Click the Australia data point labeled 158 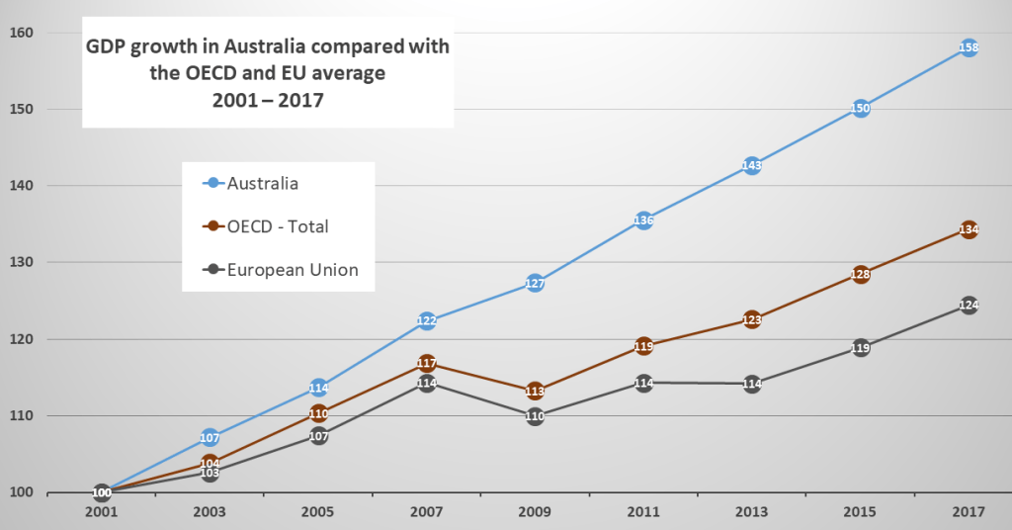coord(969,47)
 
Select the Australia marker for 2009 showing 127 coord(535,284)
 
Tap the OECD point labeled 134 coord(969,230)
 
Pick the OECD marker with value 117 coord(426,363)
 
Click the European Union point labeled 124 coord(969,306)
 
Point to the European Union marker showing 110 coord(535,416)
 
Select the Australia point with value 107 coord(210,437)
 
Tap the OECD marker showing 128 coord(860,275)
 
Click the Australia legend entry coord(262,183)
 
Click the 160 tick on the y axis coord(21,33)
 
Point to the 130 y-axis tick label coord(21,263)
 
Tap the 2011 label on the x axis coord(643,514)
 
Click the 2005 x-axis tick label coord(318,514)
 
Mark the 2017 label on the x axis coord(969,514)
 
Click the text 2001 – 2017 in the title coord(267,101)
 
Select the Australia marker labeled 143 coord(751,166)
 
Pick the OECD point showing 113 coord(535,392)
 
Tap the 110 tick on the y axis coord(21,416)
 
